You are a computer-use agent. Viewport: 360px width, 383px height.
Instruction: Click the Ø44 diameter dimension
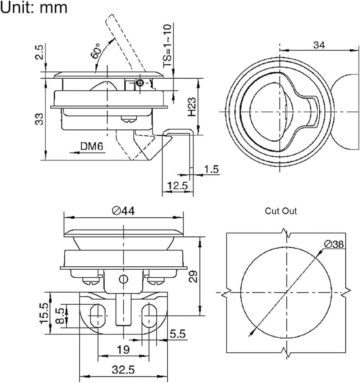(x=123, y=211)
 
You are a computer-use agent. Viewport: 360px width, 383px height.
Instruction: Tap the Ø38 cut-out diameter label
(x=334, y=244)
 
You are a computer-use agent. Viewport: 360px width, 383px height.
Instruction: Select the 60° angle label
(x=96, y=51)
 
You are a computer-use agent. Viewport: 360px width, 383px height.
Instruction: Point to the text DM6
(x=92, y=146)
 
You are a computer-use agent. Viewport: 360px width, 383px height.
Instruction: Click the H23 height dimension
(x=192, y=107)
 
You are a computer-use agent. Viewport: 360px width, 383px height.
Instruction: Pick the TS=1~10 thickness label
(x=167, y=46)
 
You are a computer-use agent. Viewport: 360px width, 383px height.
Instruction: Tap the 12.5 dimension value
(x=178, y=186)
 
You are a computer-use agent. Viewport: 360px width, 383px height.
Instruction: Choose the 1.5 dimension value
(x=211, y=169)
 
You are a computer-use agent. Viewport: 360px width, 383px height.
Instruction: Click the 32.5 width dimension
(x=123, y=370)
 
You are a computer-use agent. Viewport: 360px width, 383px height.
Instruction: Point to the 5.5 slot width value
(x=178, y=334)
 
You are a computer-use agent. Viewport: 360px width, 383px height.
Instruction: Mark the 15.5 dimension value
(x=44, y=313)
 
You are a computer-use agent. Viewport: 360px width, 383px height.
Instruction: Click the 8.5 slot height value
(x=60, y=316)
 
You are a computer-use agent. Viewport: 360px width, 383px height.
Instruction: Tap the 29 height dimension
(x=193, y=276)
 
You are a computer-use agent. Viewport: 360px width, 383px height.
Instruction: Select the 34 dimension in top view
(x=319, y=45)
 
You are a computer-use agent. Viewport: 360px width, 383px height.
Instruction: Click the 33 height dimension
(x=39, y=119)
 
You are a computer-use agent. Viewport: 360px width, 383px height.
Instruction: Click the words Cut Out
(x=281, y=211)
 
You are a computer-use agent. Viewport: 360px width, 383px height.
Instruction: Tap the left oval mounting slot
(x=98, y=316)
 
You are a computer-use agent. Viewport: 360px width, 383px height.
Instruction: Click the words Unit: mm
(x=34, y=7)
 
